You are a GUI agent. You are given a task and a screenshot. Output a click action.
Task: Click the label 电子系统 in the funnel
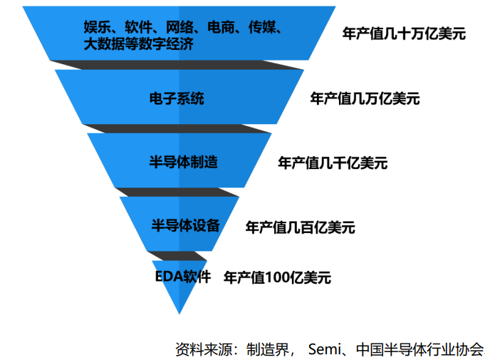click(x=177, y=98)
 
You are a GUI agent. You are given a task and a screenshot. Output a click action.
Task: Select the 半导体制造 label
click(x=183, y=162)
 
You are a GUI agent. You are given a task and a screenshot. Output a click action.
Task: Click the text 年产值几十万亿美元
click(x=404, y=34)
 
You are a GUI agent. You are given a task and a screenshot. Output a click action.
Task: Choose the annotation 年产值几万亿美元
click(x=365, y=98)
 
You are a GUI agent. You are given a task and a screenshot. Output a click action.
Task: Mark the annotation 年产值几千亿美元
click(x=333, y=163)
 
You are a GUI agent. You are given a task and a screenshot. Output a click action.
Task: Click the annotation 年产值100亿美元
click(x=277, y=277)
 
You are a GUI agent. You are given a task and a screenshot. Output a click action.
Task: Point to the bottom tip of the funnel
click(x=180, y=312)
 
